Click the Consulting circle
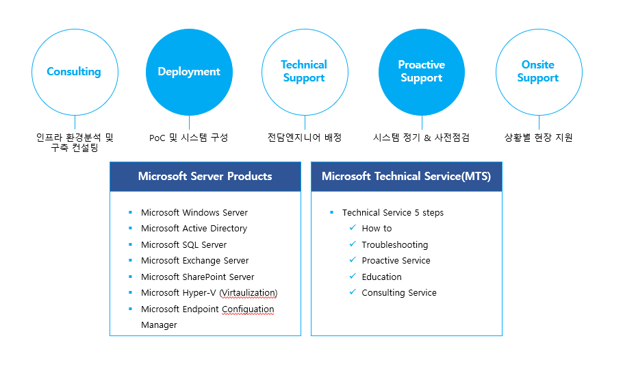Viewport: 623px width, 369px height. click(x=75, y=72)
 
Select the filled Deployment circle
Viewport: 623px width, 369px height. click(x=189, y=72)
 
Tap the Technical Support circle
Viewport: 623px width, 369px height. click(x=304, y=72)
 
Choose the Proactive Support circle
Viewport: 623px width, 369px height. click(x=421, y=72)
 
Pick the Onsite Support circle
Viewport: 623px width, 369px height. click(x=538, y=72)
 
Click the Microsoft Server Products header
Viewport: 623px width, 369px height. click(x=205, y=177)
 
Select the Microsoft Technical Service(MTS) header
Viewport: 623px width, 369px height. click(x=406, y=177)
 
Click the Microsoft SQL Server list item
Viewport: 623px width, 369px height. click(x=183, y=244)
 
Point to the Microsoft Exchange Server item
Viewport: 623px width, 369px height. click(x=194, y=261)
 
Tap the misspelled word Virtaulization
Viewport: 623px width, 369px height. click(x=249, y=293)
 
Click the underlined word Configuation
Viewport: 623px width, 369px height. click(x=248, y=309)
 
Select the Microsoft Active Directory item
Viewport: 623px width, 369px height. click(x=194, y=229)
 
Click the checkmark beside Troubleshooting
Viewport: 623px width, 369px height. click(x=353, y=244)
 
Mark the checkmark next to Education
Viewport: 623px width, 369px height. click(x=353, y=277)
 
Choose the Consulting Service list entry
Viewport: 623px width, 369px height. click(x=398, y=293)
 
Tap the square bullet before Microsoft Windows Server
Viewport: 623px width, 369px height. click(x=129, y=213)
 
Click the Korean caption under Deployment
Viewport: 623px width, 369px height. click(x=188, y=138)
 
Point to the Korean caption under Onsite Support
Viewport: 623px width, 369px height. click(x=538, y=138)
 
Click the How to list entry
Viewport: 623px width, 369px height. click(x=377, y=229)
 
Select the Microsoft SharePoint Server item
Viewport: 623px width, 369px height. click(x=197, y=277)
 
